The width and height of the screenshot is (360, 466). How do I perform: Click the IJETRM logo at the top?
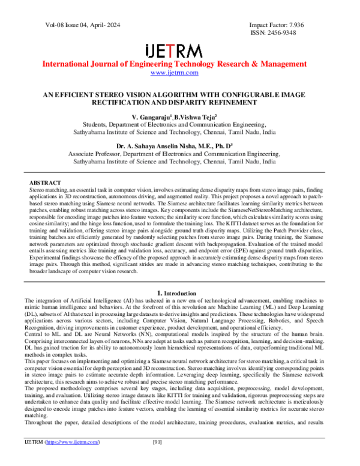point(179,50)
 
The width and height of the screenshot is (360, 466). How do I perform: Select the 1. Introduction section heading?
point(179,292)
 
